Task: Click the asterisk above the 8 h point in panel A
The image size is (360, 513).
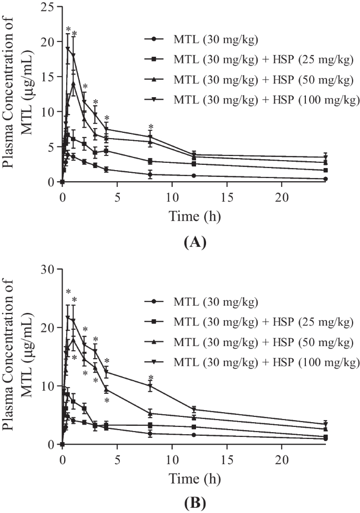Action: [x=150, y=127]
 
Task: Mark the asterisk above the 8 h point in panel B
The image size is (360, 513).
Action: [x=150, y=378]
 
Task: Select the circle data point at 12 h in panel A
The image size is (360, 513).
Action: [x=194, y=175]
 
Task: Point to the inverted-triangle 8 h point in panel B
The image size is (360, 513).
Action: [x=150, y=386]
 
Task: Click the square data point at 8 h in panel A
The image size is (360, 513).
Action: [x=150, y=161]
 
